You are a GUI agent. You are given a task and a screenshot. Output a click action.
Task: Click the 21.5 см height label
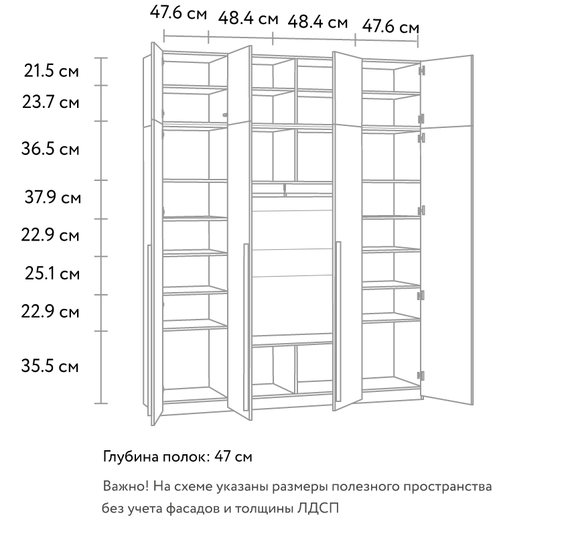coord(51,71)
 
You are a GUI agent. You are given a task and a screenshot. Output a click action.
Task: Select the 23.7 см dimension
coord(50,102)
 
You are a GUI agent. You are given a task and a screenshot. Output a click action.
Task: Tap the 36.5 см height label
coord(50,149)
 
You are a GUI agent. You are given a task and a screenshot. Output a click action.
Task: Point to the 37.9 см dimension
coord(52,198)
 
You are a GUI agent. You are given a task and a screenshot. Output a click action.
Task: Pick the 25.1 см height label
coord(52,273)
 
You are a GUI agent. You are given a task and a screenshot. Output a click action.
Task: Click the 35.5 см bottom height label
coord(50,366)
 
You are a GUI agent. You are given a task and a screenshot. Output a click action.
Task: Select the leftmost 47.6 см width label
coord(178,13)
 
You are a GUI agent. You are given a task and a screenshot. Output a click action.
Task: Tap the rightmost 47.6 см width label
coord(390,27)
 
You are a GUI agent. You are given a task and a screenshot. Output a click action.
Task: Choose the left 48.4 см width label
coord(248,18)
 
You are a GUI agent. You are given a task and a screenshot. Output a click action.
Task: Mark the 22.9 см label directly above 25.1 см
coord(50,235)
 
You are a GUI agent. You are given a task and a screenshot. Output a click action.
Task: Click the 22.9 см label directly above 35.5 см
coord(50,312)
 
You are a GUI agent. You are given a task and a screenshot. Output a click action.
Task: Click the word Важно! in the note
coord(126,486)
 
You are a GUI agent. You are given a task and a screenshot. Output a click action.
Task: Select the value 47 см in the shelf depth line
coord(233,456)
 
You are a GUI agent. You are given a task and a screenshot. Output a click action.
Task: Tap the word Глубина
coord(131,457)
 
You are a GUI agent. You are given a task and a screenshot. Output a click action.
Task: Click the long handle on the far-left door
coord(149,330)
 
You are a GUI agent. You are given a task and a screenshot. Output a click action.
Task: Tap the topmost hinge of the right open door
coord(422,70)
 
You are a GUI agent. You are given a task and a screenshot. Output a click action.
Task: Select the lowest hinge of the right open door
coord(421,376)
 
